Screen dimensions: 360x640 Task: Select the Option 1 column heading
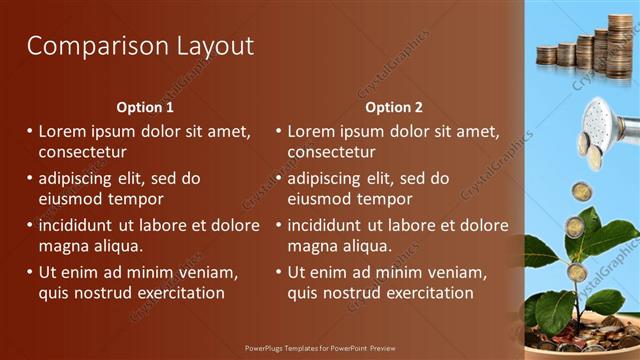pos(145,107)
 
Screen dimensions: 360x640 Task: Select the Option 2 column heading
pos(394,107)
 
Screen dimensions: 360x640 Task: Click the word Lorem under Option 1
pos(64,131)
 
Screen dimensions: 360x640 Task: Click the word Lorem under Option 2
pos(313,131)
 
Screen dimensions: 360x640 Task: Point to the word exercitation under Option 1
pos(176,293)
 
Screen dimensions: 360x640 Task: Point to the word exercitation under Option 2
pos(425,293)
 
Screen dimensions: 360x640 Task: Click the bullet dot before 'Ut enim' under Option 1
pos(29,272)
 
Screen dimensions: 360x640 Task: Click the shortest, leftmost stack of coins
pos(546,56)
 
